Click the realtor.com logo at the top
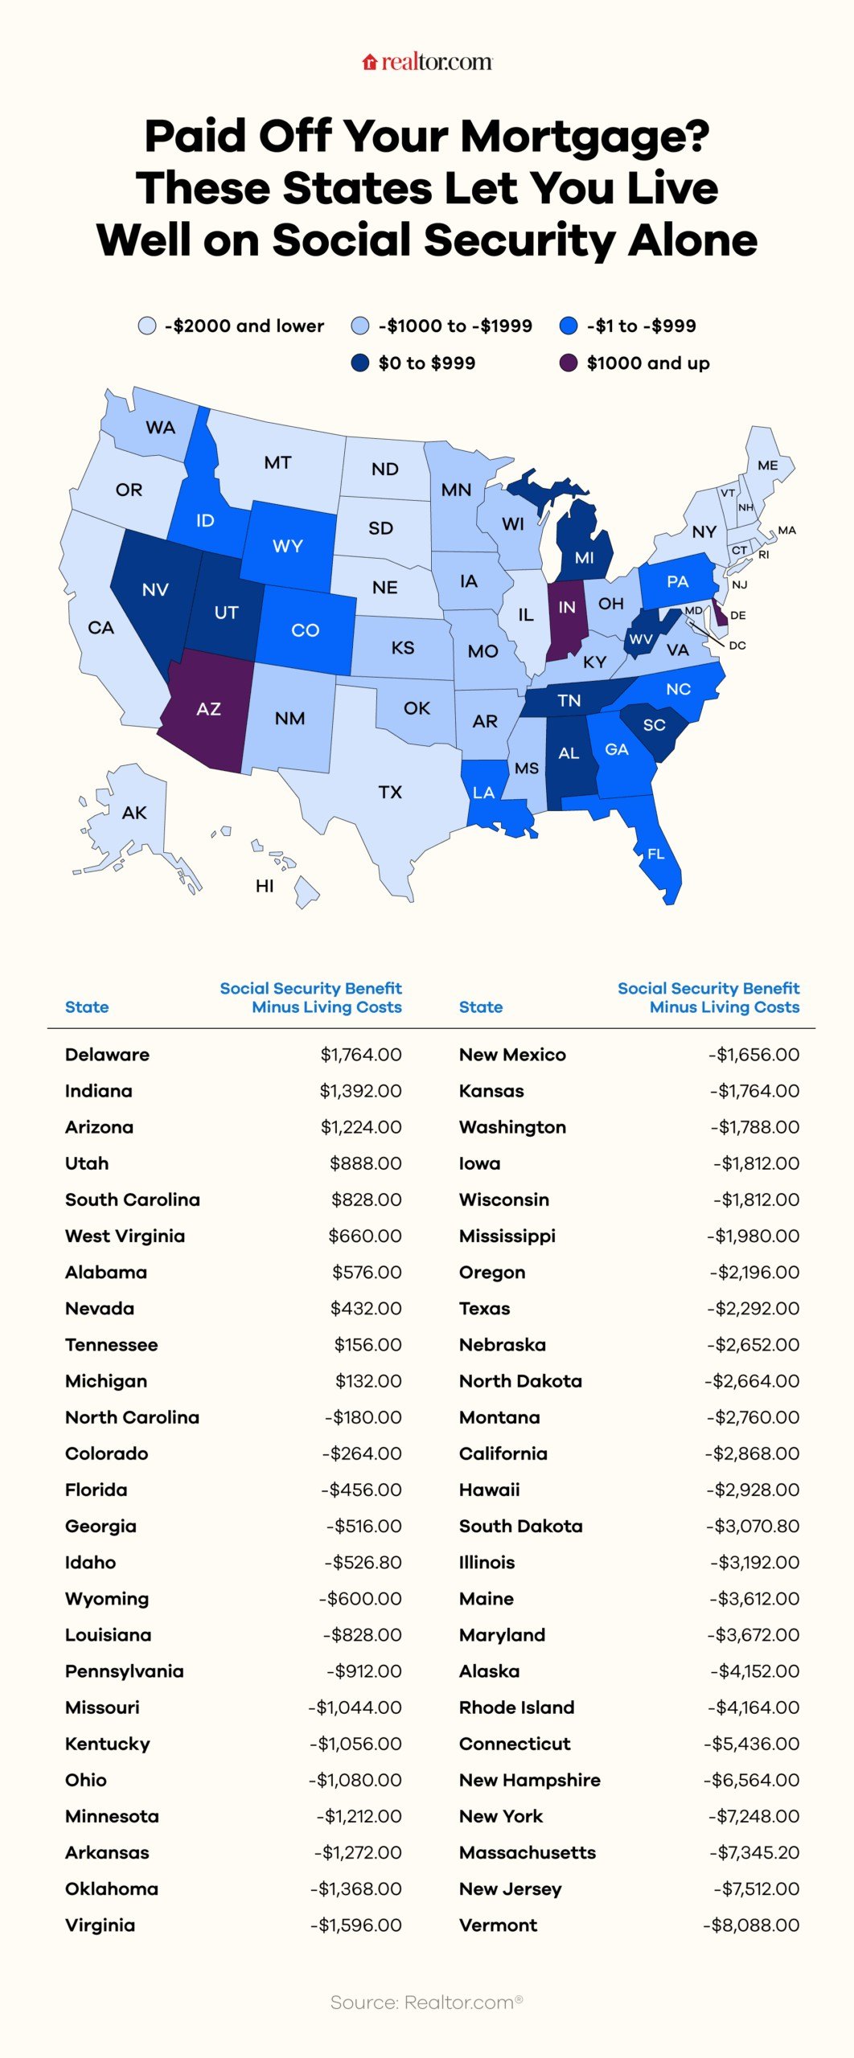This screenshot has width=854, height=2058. [427, 62]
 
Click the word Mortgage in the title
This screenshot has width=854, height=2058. [585, 137]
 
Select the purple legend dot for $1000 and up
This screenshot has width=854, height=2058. [569, 363]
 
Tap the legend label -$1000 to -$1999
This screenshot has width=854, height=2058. [455, 326]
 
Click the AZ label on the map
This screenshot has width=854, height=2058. [208, 709]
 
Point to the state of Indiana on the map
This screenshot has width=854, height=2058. [567, 619]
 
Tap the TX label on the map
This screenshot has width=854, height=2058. [390, 793]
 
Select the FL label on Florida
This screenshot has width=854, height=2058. [656, 854]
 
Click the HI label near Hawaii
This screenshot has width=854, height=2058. [265, 886]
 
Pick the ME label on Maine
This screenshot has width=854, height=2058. [767, 465]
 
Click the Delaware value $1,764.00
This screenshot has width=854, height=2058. [361, 1055]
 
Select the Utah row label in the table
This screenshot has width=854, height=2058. [87, 1163]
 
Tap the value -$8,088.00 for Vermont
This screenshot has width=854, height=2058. [751, 1925]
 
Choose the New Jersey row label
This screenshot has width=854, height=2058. [510, 1889]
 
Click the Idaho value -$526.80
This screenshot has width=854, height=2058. [363, 1563]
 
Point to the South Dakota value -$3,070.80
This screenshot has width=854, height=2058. [753, 1527]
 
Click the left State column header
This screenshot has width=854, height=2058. [87, 1007]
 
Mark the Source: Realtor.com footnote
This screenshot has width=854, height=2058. [426, 2003]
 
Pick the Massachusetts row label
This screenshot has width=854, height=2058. [528, 1853]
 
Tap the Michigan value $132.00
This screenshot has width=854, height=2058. [368, 1381]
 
